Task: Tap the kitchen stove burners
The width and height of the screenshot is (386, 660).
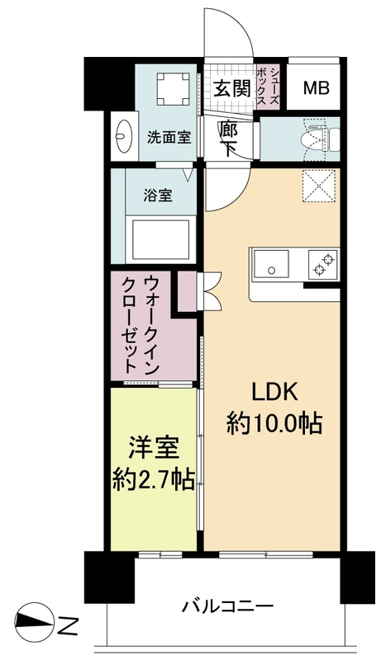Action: click(322, 264)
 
